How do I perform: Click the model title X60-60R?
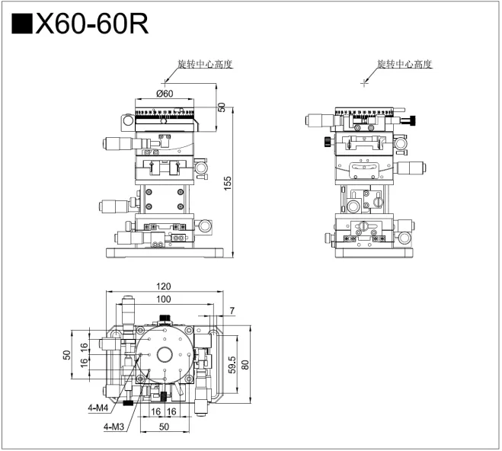click(92, 24)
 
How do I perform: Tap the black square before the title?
click(23, 24)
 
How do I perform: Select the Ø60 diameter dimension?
click(165, 94)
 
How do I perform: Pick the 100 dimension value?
click(163, 299)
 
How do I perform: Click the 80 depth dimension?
click(245, 364)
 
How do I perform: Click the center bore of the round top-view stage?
click(164, 354)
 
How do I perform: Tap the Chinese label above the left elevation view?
click(203, 64)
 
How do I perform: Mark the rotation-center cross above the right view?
click(365, 82)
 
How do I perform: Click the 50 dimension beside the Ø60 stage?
click(221, 107)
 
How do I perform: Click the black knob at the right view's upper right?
click(412, 120)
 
